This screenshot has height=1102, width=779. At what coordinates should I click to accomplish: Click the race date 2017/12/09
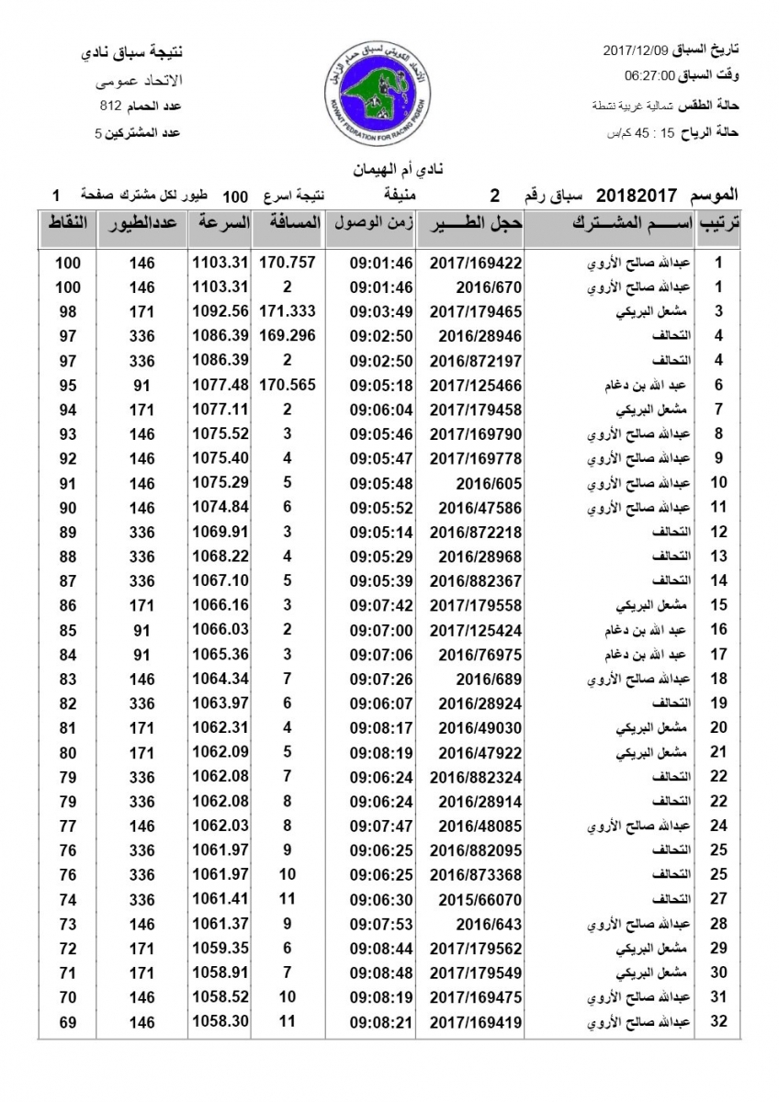[636, 48]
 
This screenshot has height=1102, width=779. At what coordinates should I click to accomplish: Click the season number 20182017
[637, 196]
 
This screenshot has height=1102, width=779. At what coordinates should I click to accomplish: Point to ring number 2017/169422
[475, 263]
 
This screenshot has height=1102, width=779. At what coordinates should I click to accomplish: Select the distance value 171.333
[288, 310]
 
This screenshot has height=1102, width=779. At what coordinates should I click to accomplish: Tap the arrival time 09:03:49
[381, 310]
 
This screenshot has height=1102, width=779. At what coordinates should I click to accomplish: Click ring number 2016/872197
[475, 360]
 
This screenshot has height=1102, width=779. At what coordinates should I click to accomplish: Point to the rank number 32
[719, 1021]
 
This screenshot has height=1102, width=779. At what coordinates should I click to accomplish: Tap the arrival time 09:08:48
[381, 972]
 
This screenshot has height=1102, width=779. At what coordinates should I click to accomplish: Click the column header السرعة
[220, 224]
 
